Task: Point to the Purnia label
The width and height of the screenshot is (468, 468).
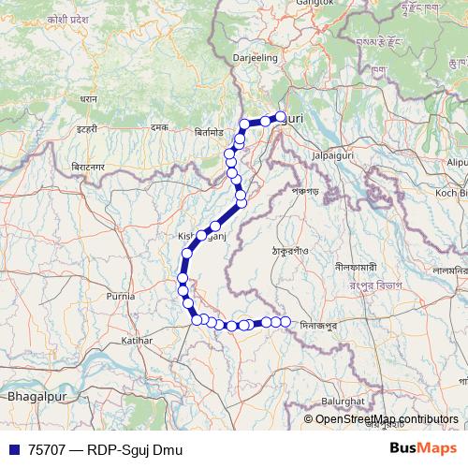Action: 121,296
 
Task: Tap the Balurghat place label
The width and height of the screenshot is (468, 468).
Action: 340,400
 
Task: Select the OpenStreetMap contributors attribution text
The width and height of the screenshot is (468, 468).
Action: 387,419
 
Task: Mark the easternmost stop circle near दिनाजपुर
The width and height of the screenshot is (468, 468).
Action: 285,322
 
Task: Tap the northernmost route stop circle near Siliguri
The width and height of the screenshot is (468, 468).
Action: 280,117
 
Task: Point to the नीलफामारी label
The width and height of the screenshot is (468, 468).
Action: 357,266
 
